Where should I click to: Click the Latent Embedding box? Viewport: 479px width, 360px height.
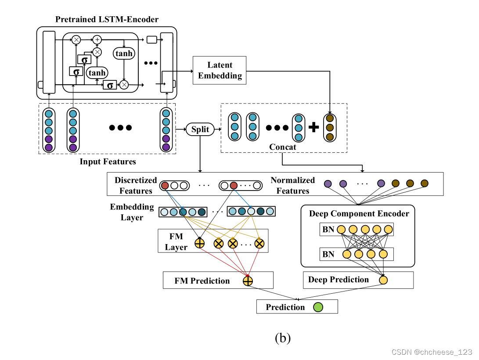220,70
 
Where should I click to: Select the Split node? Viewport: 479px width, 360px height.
200,130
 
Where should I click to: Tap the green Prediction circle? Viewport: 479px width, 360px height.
318,307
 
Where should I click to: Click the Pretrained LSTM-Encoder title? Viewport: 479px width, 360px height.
107,19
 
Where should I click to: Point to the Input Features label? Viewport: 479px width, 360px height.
108,162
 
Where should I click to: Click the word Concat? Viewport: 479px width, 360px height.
283,147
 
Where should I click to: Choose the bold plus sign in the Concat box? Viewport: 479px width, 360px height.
313,127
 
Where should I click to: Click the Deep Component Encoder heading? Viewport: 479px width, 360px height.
359,214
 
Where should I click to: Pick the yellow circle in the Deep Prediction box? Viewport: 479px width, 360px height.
384,280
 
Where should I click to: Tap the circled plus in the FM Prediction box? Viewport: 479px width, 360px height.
248,281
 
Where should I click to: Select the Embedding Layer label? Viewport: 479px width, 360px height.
132,212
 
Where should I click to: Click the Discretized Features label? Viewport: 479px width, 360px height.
136,185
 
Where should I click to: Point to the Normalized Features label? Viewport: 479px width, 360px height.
292,185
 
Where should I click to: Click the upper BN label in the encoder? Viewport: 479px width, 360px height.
328,229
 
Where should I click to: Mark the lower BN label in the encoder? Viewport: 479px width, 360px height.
328,254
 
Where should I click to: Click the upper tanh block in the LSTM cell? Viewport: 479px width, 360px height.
124,53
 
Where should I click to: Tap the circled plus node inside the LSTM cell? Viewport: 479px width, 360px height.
97,40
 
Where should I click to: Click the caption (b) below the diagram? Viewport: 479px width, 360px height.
283,338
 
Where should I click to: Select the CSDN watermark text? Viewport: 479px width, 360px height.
432,352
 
